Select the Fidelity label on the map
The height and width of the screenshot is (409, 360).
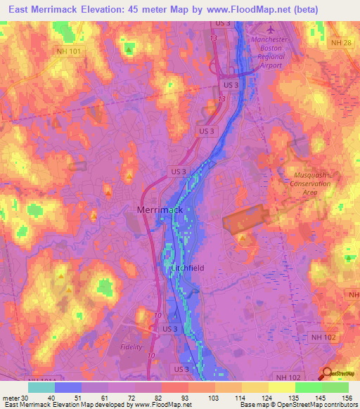click(x=131, y=347)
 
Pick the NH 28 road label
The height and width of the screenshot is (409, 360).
click(x=340, y=44)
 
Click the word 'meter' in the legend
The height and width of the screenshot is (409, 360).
click(x=10, y=397)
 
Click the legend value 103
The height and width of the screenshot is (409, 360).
click(x=203, y=397)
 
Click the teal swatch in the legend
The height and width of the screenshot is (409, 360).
click(x=41, y=387)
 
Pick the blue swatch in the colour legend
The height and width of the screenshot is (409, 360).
click(x=68, y=387)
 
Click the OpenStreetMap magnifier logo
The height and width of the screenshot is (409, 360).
click(x=328, y=374)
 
